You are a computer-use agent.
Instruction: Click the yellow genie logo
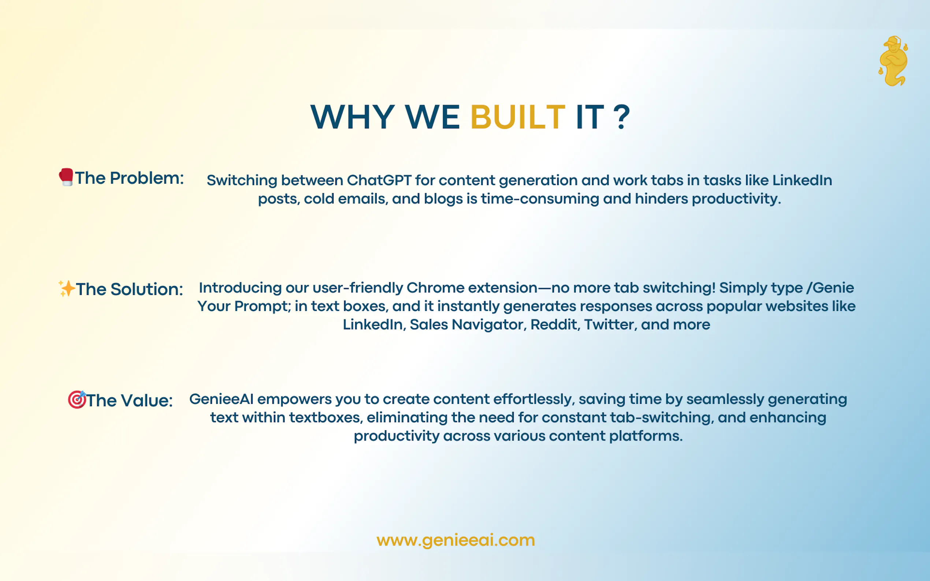[893, 61]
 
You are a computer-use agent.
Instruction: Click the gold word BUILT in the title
[517, 117]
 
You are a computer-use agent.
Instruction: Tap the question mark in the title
[622, 117]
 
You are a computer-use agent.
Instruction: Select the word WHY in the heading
[353, 117]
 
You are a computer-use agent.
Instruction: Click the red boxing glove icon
[66, 177]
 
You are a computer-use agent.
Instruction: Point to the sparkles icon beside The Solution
[67, 289]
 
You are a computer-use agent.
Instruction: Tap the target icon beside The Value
[77, 400]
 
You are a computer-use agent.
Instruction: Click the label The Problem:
[129, 178]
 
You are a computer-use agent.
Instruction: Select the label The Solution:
[129, 289]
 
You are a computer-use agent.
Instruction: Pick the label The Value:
[129, 400]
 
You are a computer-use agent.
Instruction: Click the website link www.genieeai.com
[455, 540]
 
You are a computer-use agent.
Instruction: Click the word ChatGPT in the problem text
[379, 180]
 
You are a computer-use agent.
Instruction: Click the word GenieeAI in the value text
[222, 399]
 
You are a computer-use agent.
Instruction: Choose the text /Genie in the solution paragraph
[830, 288]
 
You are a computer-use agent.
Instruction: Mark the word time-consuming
[540, 199]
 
